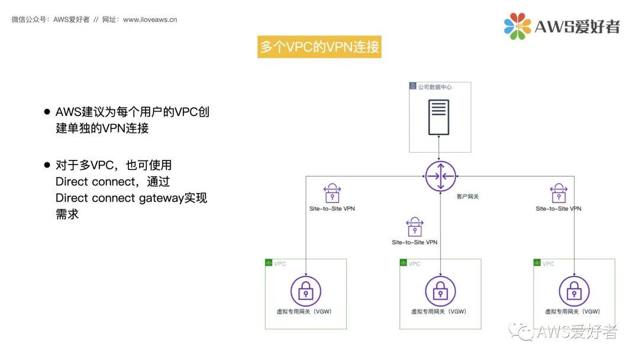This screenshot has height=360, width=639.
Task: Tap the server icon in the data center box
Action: (438, 117)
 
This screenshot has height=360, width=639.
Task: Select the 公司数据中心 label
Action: (435, 87)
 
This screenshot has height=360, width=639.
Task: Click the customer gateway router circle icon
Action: (441, 176)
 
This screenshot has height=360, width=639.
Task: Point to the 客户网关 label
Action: (467, 196)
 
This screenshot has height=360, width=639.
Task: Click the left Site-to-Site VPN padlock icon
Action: (332, 194)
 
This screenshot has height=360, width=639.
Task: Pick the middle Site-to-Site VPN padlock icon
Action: (414, 227)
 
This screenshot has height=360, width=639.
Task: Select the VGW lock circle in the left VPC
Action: (305, 291)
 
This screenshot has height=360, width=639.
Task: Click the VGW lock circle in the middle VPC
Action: (440, 291)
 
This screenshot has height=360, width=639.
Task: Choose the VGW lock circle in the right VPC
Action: (574, 291)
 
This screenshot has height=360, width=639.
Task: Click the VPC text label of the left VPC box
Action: (280, 263)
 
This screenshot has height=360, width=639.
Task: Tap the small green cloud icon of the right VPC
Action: (537, 263)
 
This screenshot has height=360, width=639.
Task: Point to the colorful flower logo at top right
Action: (517, 26)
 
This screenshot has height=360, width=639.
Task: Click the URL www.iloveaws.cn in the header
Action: (150, 20)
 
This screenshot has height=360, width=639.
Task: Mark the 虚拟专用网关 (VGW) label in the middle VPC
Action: (438, 311)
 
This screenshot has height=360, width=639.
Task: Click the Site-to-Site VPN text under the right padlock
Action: (559, 208)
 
